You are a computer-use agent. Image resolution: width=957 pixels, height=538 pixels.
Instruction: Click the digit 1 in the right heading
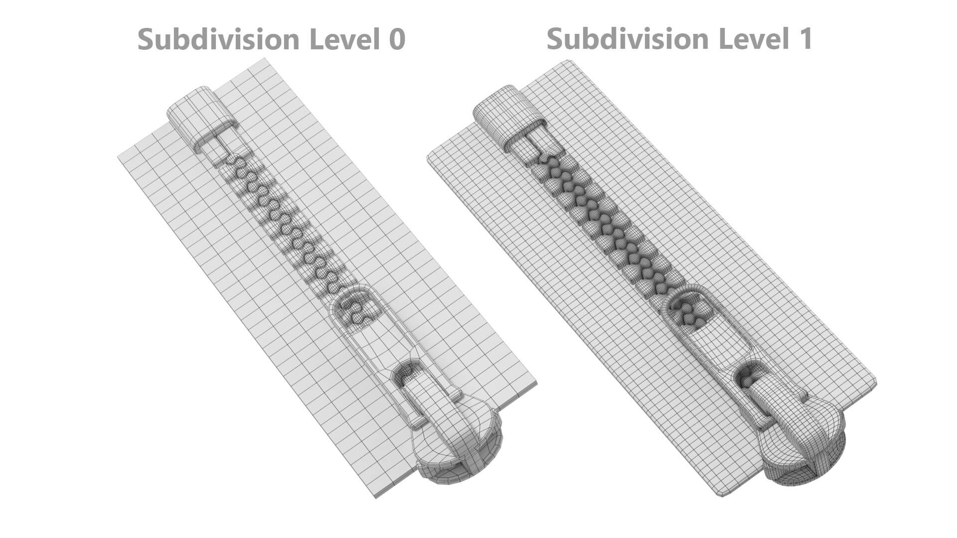click(x=803, y=39)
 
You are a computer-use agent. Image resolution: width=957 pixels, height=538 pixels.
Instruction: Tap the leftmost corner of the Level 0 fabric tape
click(x=119, y=158)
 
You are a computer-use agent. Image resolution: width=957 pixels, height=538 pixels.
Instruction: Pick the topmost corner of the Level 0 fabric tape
click(x=265, y=59)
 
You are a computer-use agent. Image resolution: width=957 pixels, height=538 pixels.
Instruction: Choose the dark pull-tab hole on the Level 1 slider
click(x=746, y=376)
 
